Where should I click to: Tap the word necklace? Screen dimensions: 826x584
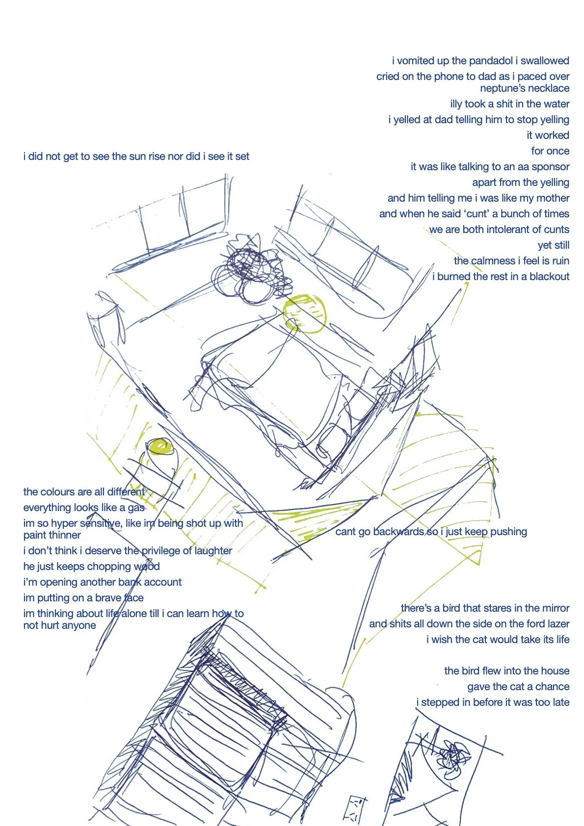coord(548,88)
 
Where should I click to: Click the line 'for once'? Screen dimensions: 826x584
coord(550,151)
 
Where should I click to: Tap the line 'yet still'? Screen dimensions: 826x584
coord(553,245)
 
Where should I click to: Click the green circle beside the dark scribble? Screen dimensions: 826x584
coord(305,314)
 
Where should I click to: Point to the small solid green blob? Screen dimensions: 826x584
coord(160,446)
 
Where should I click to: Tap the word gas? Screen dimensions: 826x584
coord(136,508)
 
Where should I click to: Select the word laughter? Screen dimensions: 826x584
coord(213,551)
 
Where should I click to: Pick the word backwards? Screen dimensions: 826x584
coord(398,532)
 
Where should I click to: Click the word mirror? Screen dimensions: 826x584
coord(554,608)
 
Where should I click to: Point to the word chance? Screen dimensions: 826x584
coord(552,687)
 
